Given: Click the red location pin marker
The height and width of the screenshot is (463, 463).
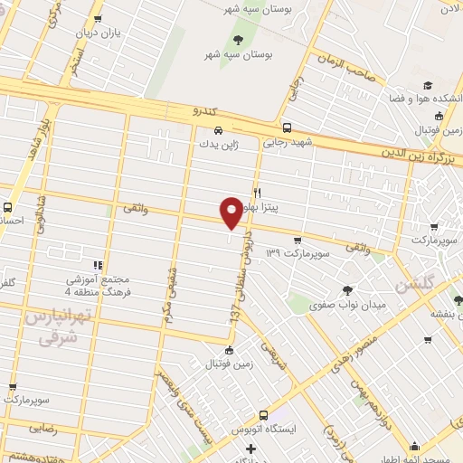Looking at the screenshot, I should point(231,213).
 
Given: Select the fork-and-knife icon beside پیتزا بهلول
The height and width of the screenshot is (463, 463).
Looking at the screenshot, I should point(257,193).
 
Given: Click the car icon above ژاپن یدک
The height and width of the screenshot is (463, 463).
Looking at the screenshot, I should point(207,128).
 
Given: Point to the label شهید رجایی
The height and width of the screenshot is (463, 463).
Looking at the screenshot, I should point(287,142).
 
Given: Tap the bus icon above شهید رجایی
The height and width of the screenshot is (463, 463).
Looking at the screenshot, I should point(287,128).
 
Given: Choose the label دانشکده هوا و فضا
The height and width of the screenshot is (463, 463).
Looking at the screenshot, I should point(424,98).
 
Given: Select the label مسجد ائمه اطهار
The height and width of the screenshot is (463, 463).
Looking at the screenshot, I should point(415,459).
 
